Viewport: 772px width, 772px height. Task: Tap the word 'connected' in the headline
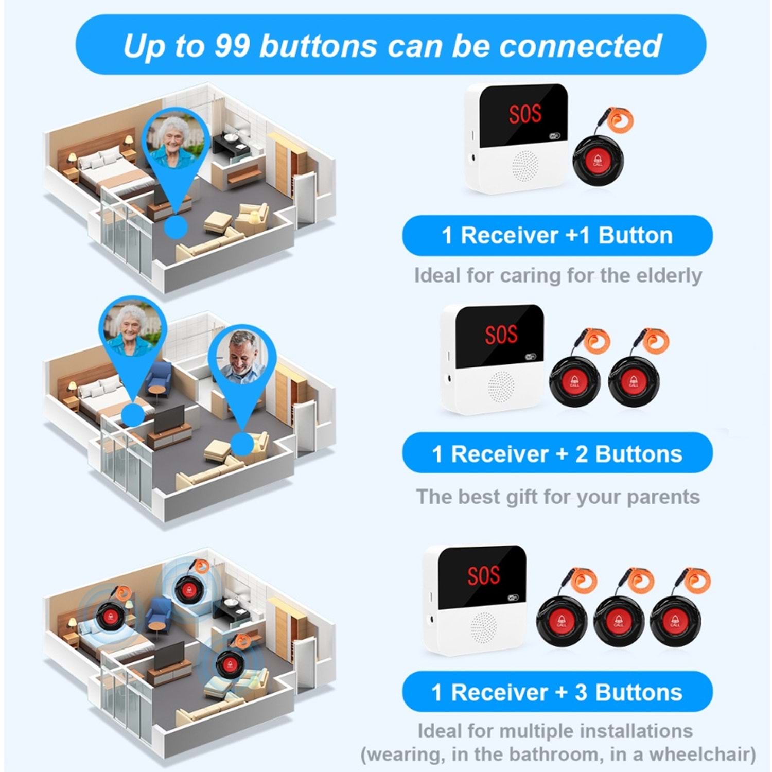coord(580,45)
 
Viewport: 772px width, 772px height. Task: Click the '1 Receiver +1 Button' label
coord(557,235)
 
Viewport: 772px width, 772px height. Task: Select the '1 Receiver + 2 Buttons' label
coord(557,453)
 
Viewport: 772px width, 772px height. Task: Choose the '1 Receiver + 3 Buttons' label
coord(557,692)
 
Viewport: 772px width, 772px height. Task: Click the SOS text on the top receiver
coord(525,114)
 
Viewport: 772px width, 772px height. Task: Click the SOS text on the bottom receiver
coord(483,575)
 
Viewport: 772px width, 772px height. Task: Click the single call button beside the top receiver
coord(598,161)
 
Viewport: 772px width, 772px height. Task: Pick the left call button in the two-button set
coord(575,381)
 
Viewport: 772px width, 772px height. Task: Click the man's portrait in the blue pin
coord(243,356)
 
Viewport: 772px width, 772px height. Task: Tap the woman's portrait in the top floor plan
coord(175,140)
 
